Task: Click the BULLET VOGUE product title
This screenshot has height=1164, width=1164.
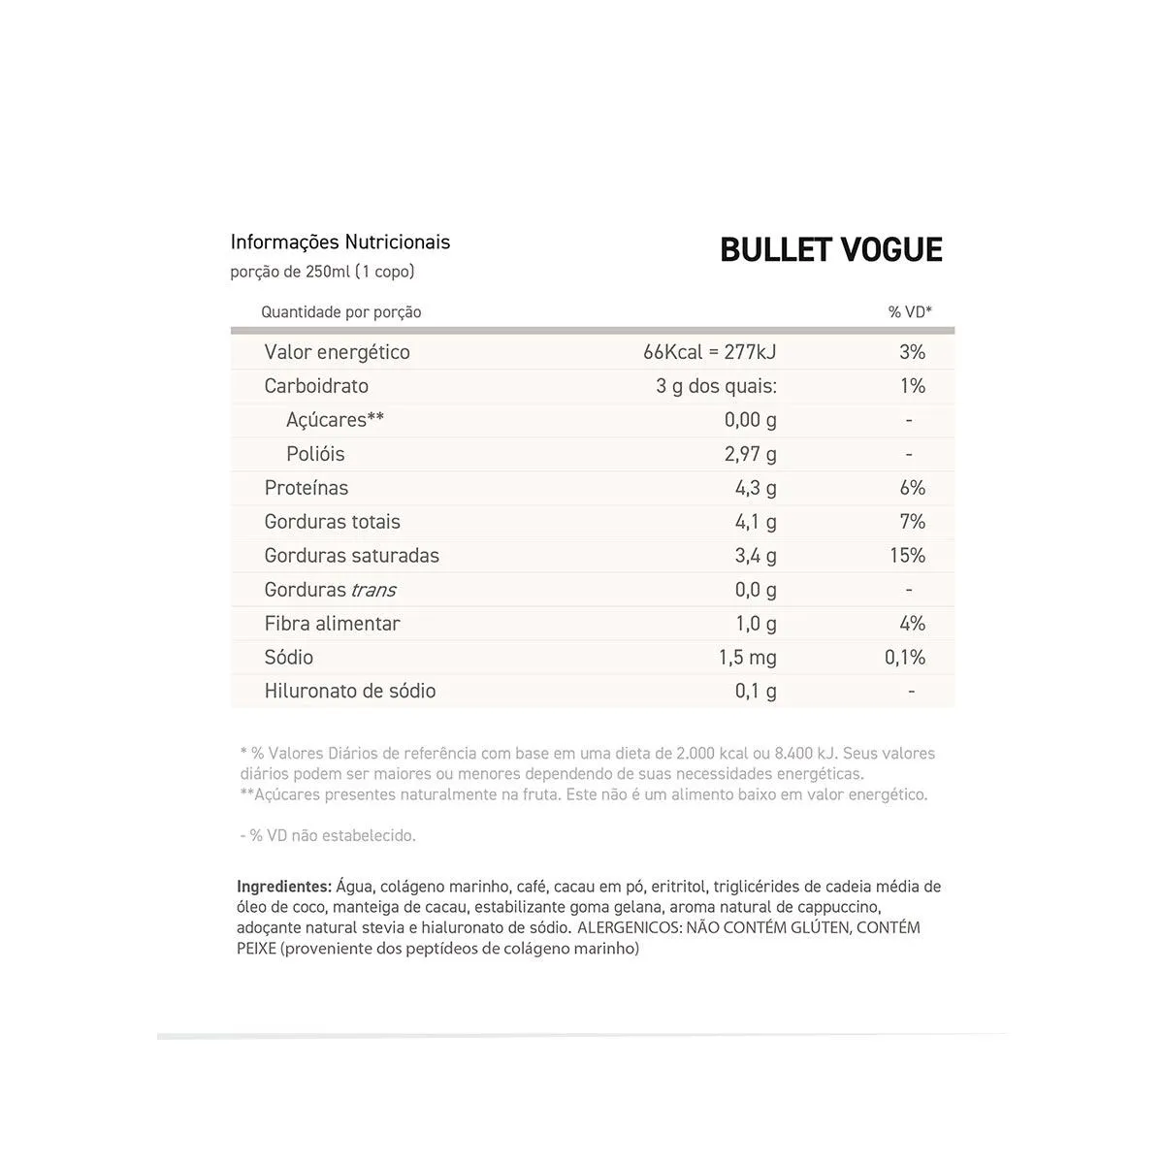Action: click(x=831, y=250)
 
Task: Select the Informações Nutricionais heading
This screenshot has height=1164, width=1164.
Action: click(x=340, y=242)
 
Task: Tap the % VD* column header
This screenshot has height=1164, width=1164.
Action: click(x=910, y=312)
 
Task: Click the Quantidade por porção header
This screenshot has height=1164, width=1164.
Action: click(x=341, y=312)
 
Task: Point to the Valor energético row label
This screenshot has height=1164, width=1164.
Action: click(x=337, y=352)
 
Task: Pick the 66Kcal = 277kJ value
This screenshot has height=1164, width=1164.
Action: click(x=709, y=352)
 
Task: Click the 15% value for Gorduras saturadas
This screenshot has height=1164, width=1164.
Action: click(x=907, y=556)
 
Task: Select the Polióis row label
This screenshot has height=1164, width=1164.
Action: click(x=315, y=454)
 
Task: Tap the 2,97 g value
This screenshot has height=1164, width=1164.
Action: click(x=751, y=454)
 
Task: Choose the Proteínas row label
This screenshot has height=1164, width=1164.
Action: click(x=307, y=488)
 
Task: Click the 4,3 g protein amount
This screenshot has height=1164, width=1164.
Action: click(x=756, y=488)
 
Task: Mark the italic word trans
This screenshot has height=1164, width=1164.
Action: click(x=373, y=590)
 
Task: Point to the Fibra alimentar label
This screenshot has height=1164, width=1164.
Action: click(x=332, y=624)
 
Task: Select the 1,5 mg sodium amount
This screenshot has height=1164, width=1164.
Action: click(x=747, y=658)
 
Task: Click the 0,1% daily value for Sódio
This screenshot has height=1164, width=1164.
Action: click(x=905, y=658)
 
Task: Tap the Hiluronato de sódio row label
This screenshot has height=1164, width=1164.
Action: click(x=350, y=692)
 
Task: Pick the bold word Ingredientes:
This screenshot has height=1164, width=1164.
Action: click(x=284, y=887)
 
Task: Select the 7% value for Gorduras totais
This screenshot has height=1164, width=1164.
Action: click(x=912, y=522)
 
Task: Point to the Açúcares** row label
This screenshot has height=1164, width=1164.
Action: click(x=335, y=420)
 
